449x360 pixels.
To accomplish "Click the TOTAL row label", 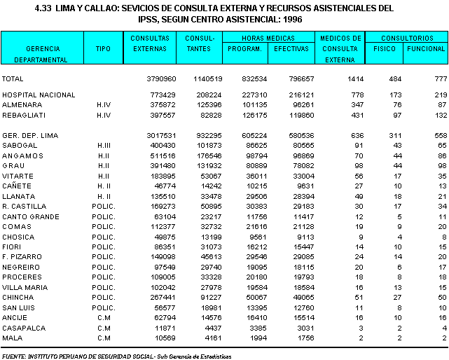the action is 13,79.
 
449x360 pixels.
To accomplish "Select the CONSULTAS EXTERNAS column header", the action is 150,43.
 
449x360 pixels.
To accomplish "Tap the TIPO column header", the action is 103,49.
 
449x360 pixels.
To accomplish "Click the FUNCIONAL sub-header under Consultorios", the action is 426,49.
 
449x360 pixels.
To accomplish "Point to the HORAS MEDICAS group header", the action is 268,38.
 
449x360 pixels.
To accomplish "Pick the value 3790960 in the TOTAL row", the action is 161,79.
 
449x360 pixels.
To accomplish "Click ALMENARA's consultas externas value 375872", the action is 163,105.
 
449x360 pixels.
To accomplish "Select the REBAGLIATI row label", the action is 24,116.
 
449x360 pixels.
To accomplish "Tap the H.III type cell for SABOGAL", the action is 104,146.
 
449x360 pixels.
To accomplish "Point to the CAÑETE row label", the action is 17,186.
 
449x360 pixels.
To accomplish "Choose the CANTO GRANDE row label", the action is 31,217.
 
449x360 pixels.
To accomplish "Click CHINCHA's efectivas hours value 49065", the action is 303,297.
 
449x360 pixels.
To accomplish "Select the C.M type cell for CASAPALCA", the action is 104,328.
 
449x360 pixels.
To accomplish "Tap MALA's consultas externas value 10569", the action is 165,338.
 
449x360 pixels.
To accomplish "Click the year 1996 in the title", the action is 292,19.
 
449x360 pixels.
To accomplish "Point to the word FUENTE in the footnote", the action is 14,356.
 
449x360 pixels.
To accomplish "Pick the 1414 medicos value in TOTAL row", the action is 355,79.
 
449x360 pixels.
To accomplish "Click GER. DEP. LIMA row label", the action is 30,135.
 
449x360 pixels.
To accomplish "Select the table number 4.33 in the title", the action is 43,8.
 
